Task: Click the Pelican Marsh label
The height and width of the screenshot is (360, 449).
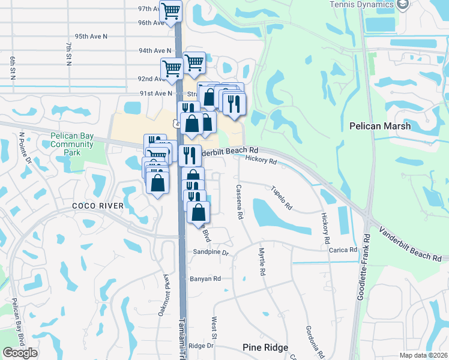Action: click(380, 126)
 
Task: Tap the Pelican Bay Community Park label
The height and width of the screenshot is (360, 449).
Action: click(72, 144)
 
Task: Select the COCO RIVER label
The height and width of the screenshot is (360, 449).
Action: click(98, 206)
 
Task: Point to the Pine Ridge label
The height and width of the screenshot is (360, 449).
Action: click(265, 347)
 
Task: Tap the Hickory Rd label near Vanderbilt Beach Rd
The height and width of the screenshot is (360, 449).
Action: click(261, 161)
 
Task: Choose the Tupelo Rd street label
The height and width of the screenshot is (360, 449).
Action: click(281, 198)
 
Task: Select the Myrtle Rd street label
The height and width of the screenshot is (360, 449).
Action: click(262, 262)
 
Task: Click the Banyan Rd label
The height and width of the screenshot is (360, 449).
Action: click(206, 278)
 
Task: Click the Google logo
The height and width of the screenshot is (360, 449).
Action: click(20, 353)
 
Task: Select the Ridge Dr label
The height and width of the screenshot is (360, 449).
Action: click(201, 346)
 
